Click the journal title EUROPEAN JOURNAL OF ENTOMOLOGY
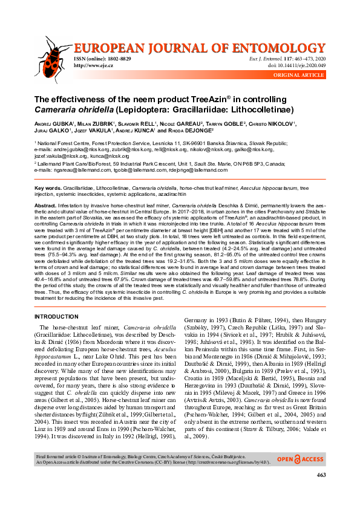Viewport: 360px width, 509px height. pos(199,49)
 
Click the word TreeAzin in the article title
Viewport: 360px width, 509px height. pos(194,100)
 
